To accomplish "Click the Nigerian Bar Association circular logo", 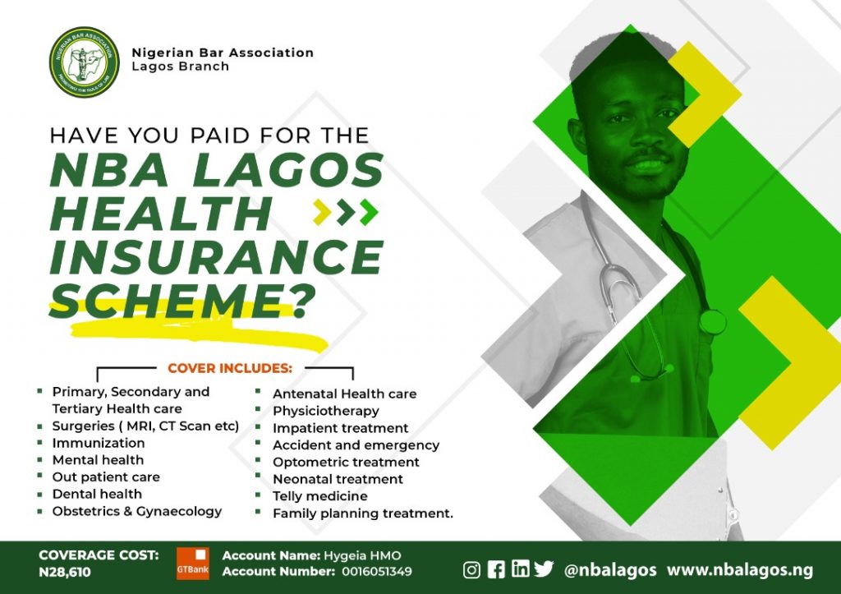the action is click(85, 62).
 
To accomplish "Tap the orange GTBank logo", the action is click(193, 564).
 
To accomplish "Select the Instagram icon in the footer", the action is click(471, 569).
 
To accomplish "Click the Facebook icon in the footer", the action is click(496, 569).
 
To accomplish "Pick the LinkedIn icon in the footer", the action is click(520, 569).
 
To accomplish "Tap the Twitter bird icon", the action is click(544, 569).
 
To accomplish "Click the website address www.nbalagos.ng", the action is click(740, 570).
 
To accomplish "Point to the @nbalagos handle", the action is click(610, 570).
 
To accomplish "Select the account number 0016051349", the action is click(377, 572).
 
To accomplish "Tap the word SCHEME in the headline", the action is click(168, 301).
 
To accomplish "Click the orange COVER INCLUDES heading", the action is click(230, 369).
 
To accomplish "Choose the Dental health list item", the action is click(97, 495).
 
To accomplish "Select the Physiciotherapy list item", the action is click(326, 412).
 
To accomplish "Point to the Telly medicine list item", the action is click(320, 496).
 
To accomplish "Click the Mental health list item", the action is click(99, 460).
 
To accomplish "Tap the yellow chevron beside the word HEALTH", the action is click(322, 212).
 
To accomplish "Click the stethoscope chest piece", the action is click(712, 322).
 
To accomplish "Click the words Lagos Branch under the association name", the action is click(180, 67).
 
